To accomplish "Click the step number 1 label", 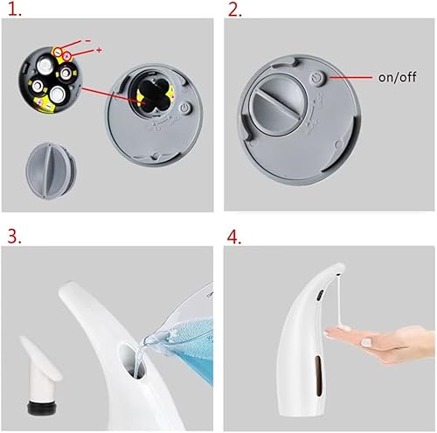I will (x=11, y=10).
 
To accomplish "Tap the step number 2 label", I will (x=235, y=10).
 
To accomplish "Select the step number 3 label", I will (x=12, y=236).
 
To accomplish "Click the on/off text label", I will (x=397, y=76).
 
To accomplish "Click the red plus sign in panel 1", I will (x=99, y=51).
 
